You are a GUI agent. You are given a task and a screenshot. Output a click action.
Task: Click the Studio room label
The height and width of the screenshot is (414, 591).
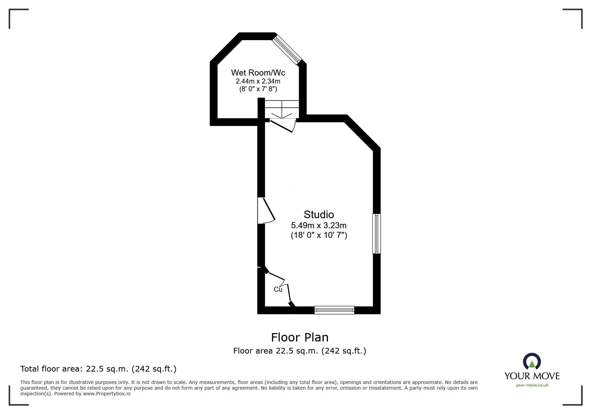tap(319, 215)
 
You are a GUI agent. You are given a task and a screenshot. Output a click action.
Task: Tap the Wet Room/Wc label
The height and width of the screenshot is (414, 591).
tap(258, 73)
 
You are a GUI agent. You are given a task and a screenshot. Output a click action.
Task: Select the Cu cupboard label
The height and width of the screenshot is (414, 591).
tap(278, 289)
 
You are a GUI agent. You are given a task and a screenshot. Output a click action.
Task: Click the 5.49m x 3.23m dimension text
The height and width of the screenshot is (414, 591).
tap(319, 226)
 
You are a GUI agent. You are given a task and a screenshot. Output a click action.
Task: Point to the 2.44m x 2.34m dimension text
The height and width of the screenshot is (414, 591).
tap(258, 81)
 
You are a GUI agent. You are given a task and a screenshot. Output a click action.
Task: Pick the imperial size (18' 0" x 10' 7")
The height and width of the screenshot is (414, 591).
tap(319, 235)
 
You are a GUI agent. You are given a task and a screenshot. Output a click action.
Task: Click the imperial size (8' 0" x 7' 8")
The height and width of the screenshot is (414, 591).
tap(258, 89)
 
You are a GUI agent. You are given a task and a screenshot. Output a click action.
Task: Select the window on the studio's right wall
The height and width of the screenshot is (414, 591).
tap(376, 234)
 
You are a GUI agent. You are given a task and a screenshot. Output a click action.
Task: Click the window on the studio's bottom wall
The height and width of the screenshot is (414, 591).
tap(334, 310)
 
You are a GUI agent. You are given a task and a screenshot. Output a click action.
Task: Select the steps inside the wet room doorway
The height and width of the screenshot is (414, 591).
tap(282, 109)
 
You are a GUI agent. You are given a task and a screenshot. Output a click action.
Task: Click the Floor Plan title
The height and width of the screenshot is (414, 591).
tap(300, 337)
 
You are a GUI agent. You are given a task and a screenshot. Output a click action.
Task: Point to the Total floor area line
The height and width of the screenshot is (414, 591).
tap(98, 369)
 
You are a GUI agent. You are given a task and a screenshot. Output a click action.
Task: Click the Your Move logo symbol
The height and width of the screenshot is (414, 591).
tap(532, 362)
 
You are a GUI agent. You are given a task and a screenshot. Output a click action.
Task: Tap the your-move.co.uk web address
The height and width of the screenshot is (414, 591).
tap(532, 385)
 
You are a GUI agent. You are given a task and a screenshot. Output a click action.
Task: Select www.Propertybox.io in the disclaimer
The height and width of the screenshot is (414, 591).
tap(107, 394)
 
